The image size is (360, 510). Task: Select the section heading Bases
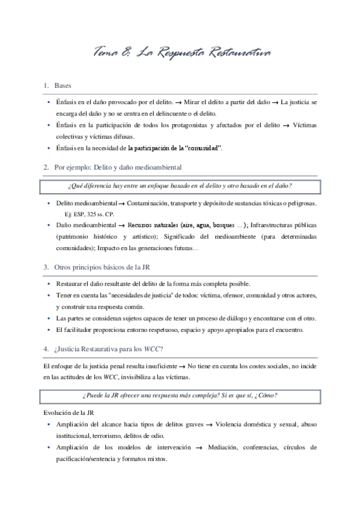click(63, 85)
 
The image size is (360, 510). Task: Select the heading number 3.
click(46, 266)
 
